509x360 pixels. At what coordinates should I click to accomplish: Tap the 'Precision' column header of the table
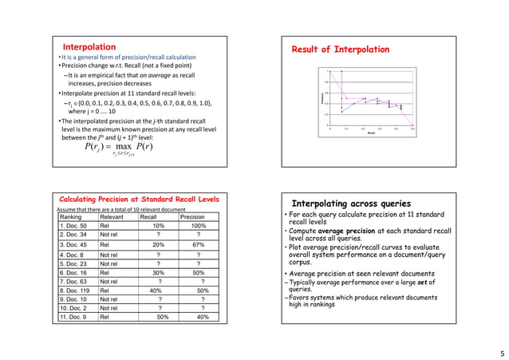click(x=192, y=216)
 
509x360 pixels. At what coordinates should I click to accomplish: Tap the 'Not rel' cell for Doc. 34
click(x=109, y=235)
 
